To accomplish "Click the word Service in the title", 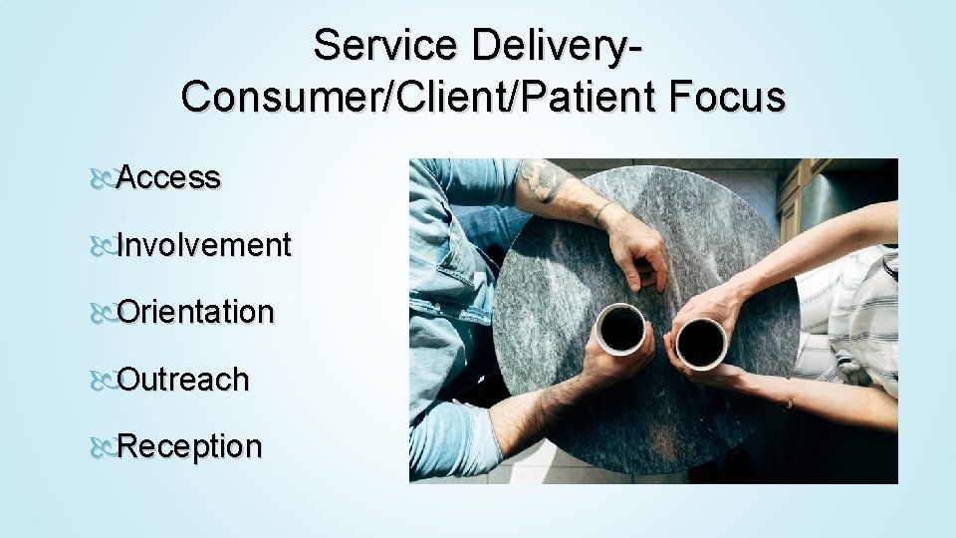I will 375,46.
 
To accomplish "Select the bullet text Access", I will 168,177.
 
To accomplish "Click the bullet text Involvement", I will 204,245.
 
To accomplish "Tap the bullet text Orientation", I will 195,312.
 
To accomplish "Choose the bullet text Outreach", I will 183,380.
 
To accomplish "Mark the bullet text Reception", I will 190,446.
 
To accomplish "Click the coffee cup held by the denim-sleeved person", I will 622,330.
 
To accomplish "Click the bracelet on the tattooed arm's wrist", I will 600,212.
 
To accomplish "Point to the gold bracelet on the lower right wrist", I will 789,402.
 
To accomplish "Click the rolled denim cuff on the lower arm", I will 453,439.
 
